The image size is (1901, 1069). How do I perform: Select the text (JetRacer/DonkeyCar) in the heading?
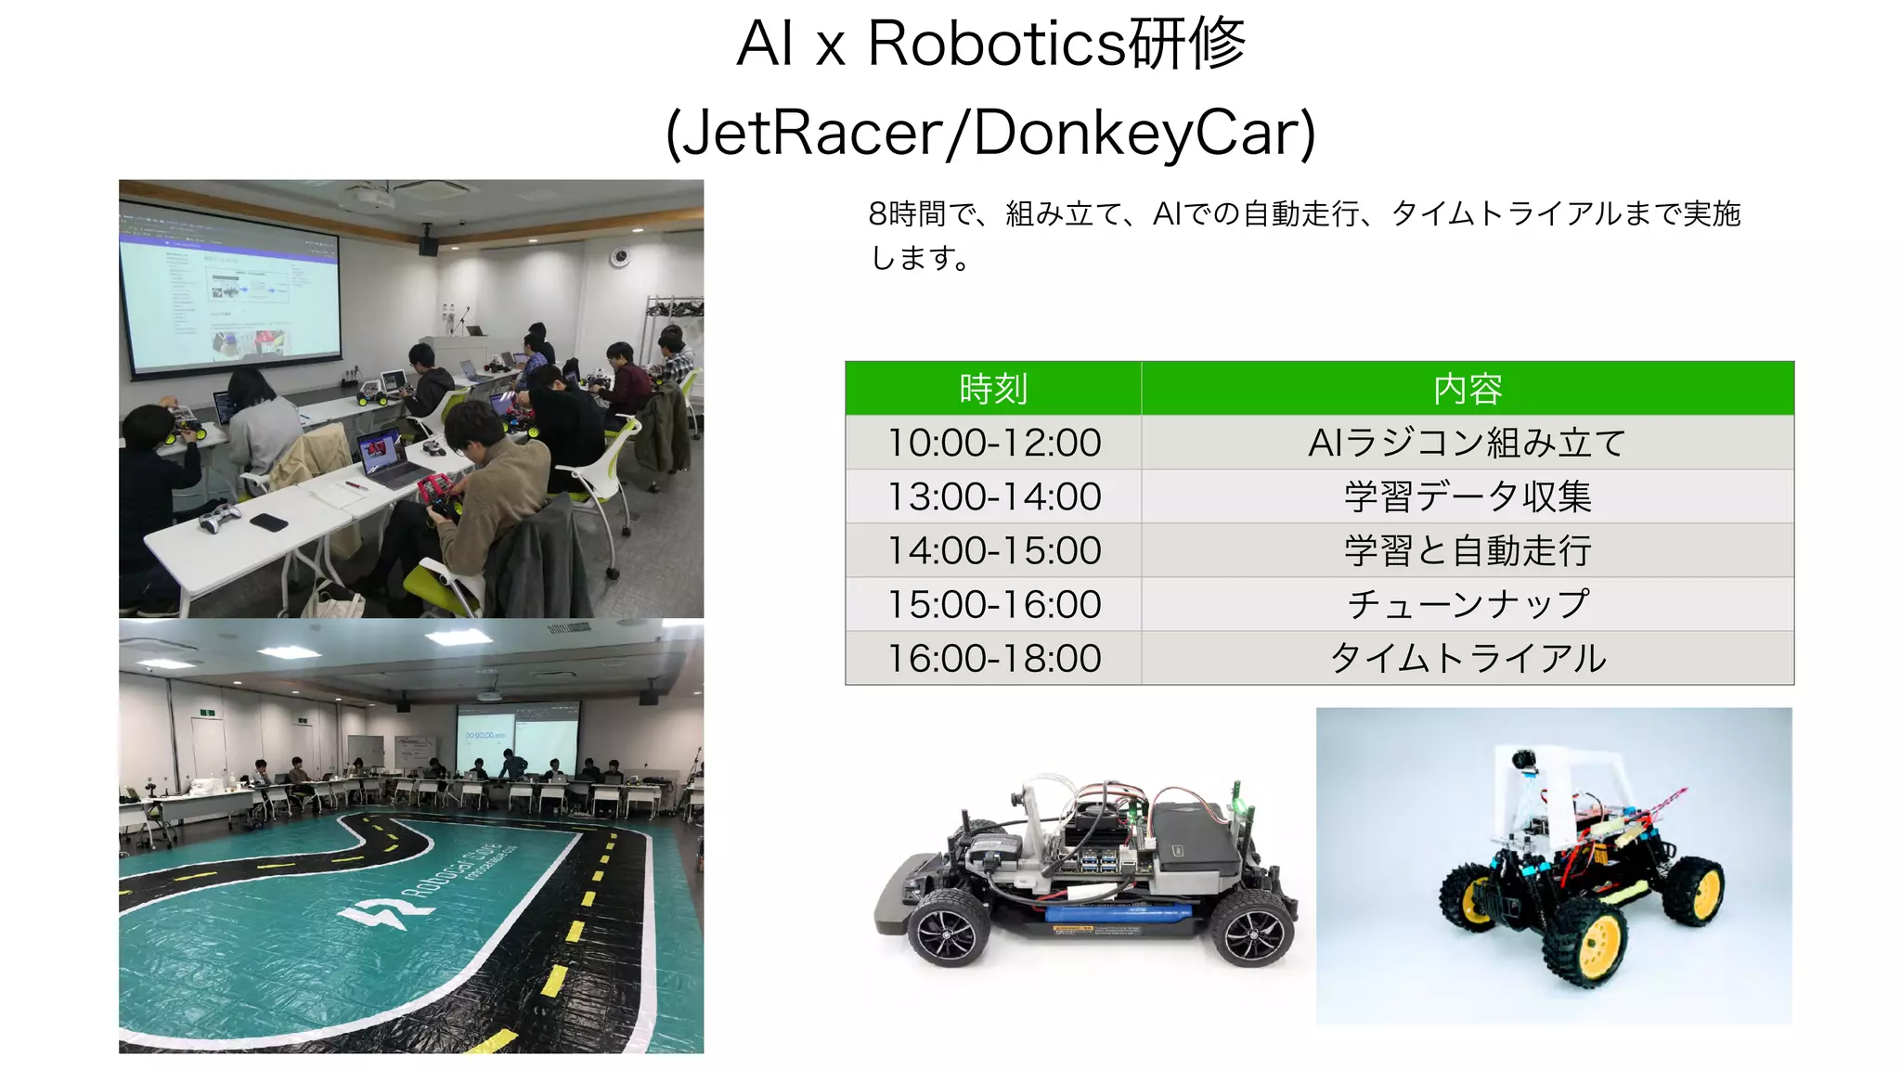tap(990, 133)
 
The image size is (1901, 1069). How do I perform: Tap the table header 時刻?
tap(993, 389)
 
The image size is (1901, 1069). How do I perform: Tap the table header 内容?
tap(1468, 389)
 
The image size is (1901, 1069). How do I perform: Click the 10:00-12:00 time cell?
tap(994, 443)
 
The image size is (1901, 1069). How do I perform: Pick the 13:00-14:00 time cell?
tap(994, 496)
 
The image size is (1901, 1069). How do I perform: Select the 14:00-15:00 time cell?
tap(994, 550)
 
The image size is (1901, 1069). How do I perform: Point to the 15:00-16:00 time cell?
tap(994, 604)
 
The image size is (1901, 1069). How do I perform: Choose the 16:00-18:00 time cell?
tap(994, 658)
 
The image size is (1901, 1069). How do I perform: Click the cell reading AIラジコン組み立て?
tap(1468, 443)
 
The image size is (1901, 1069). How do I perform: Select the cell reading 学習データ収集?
tap(1468, 496)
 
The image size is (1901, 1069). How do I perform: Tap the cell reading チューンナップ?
tap(1468, 604)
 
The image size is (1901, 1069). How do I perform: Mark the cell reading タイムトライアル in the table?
tap(1468, 658)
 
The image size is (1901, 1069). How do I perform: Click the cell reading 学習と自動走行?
tap(1468, 550)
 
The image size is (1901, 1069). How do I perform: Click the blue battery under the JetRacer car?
tap(1119, 914)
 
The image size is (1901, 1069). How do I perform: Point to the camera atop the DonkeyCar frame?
tap(1522, 761)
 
